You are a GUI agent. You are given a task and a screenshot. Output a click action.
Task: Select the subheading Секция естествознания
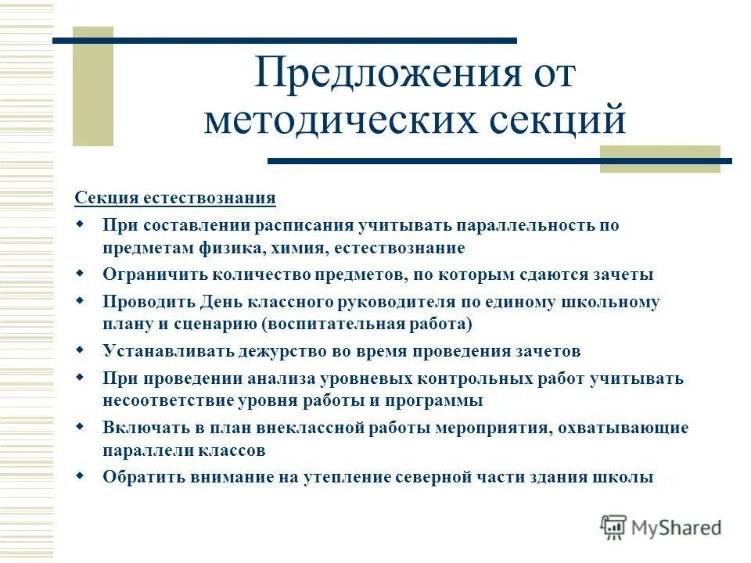[x=175, y=197]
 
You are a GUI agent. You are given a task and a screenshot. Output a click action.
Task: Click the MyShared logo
[x=661, y=527]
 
